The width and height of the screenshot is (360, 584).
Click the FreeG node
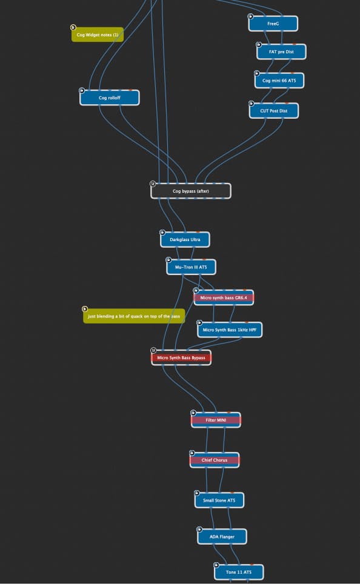pos(273,24)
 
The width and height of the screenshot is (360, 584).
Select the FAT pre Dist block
pos(281,51)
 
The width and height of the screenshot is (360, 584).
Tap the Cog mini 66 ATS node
pos(279,81)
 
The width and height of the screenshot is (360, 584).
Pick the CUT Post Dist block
pos(273,111)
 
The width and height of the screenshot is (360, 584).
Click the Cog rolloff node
pos(110,98)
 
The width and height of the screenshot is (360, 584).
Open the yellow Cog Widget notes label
pos(97,35)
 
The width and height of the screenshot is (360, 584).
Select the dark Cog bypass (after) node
pos(191,191)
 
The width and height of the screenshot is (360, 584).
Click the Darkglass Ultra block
pos(185,239)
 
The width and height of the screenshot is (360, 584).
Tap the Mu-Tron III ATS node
pos(191,267)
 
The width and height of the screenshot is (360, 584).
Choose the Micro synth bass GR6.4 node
pos(224,297)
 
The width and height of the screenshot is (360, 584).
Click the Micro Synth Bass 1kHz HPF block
pos(230,330)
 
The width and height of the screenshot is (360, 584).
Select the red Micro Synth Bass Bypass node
pos(181,357)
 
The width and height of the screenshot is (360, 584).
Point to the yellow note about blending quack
pos(134,316)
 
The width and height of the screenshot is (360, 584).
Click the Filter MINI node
pos(216,420)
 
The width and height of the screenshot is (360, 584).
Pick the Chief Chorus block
pos(215,460)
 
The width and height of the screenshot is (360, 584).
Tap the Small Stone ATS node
pos(219,500)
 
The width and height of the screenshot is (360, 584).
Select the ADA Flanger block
pos(222,537)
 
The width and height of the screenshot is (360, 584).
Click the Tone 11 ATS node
pos(239,572)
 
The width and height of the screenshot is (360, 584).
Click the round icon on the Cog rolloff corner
pos(82,90)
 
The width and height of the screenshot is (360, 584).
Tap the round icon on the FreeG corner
pos(250,16)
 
